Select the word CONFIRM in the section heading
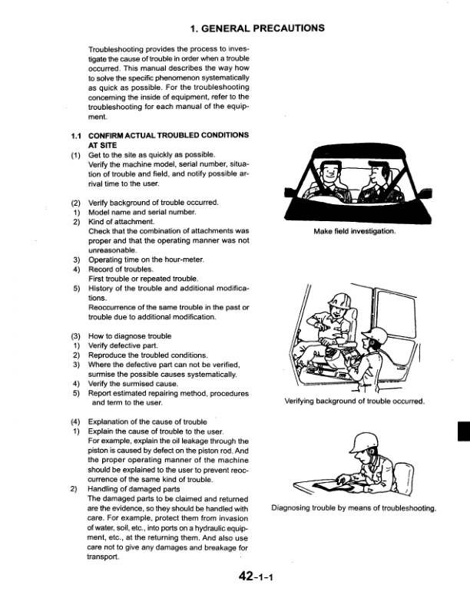click(x=110, y=135)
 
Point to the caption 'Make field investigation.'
click(x=353, y=231)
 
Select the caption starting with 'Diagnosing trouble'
click(x=354, y=507)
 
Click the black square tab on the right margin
click(x=463, y=431)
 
